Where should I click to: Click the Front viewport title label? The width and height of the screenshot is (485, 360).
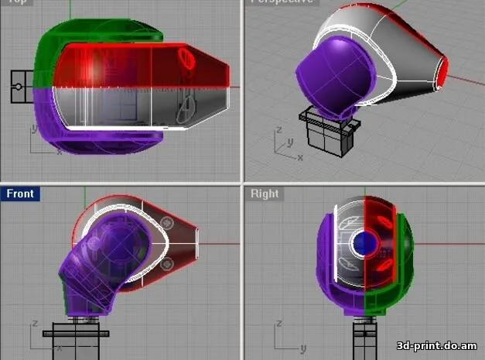point(20,193)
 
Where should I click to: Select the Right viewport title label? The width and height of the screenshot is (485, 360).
point(265,193)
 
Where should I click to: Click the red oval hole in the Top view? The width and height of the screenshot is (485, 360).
point(187,59)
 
